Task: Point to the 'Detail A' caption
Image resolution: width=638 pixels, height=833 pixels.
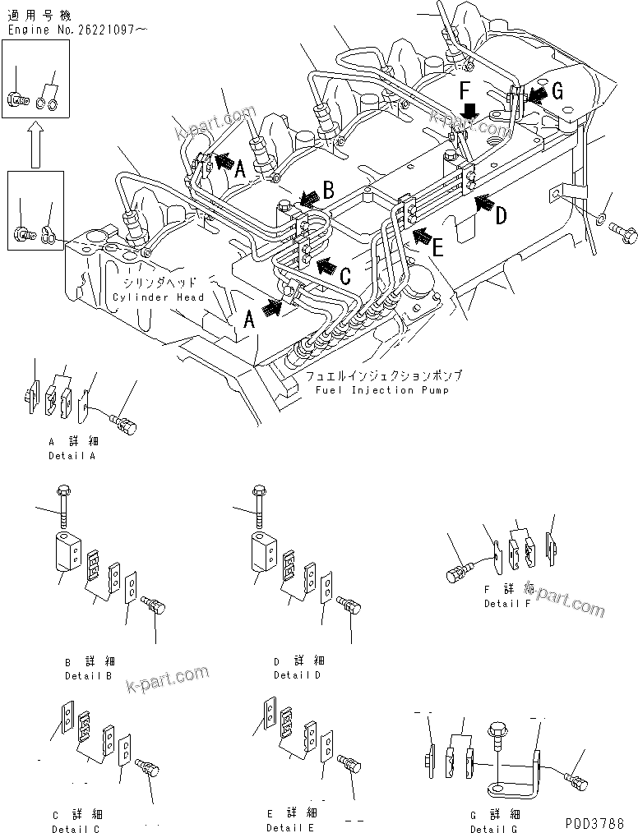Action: click(72, 455)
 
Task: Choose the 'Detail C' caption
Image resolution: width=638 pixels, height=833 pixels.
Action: click(76, 828)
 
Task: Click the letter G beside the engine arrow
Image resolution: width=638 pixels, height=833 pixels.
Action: click(557, 93)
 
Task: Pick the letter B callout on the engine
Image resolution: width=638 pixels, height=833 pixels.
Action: click(327, 192)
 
